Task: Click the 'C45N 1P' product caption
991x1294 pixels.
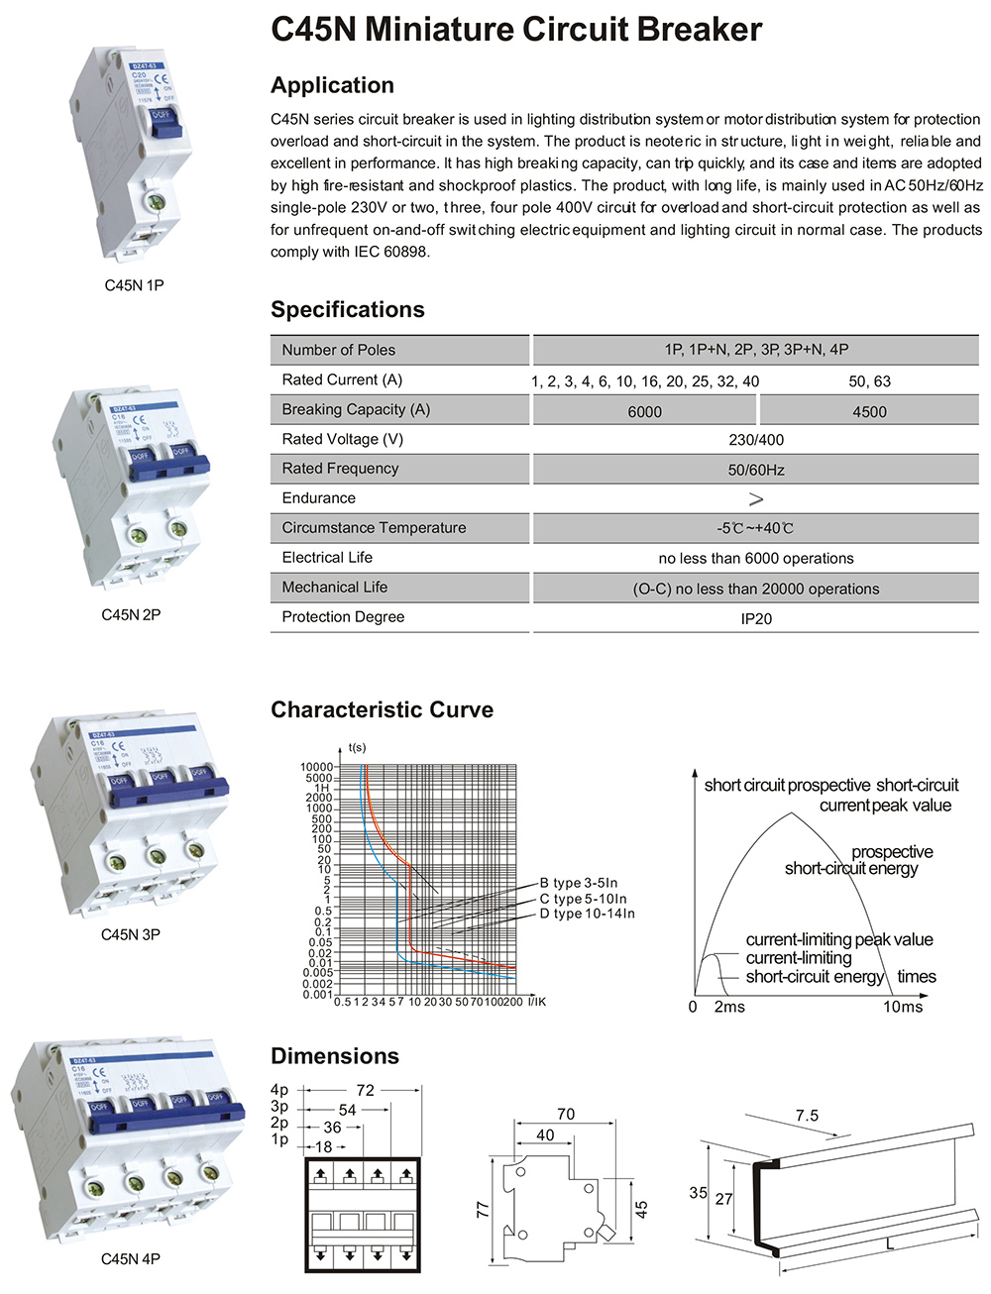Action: pyautogui.click(x=134, y=285)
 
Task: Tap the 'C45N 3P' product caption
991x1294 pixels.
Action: pyautogui.click(x=130, y=934)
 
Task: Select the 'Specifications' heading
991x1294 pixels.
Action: pyautogui.click(x=347, y=310)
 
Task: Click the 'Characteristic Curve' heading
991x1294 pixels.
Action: pyautogui.click(x=382, y=709)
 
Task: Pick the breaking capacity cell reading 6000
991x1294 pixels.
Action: pyautogui.click(x=644, y=411)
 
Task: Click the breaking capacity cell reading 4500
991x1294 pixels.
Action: pyautogui.click(x=869, y=411)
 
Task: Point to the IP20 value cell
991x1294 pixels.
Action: pyautogui.click(x=755, y=619)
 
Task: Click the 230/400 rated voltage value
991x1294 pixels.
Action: pyautogui.click(x=755, y=440)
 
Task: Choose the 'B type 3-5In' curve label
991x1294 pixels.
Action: pyautogui.click(x=579, y=883)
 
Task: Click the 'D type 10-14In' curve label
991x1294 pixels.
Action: pyautogui.click(x=587, y=914)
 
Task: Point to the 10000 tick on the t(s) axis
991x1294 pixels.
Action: pyautogui.click(x=317, y=767)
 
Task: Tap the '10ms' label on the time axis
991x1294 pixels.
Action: pyautogui.click(x=902, y=1007)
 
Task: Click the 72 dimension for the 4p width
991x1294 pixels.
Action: pyautogui.click(x=365, y=1090)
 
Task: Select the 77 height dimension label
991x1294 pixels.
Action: pyautogui.click(x=483, y=1210)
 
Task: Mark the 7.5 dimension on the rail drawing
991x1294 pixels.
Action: pyautogui.click(x=807, y=1116)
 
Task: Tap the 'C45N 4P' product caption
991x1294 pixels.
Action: pyautogui.click(x=130, y=1259)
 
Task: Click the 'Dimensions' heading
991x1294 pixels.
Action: pyautogui.click(x=334, y=1056)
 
